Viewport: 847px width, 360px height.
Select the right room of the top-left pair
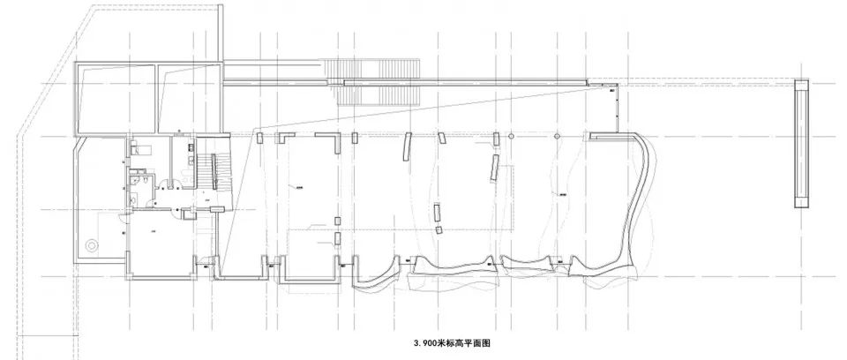click(x=189, y=97)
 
